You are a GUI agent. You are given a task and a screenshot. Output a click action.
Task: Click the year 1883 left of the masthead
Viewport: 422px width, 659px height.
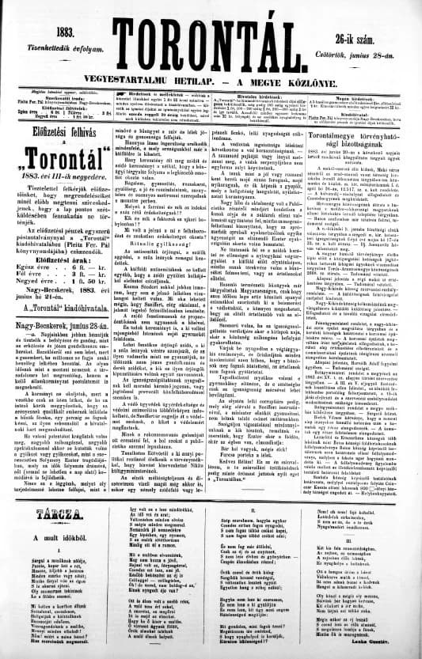point(59,32)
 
